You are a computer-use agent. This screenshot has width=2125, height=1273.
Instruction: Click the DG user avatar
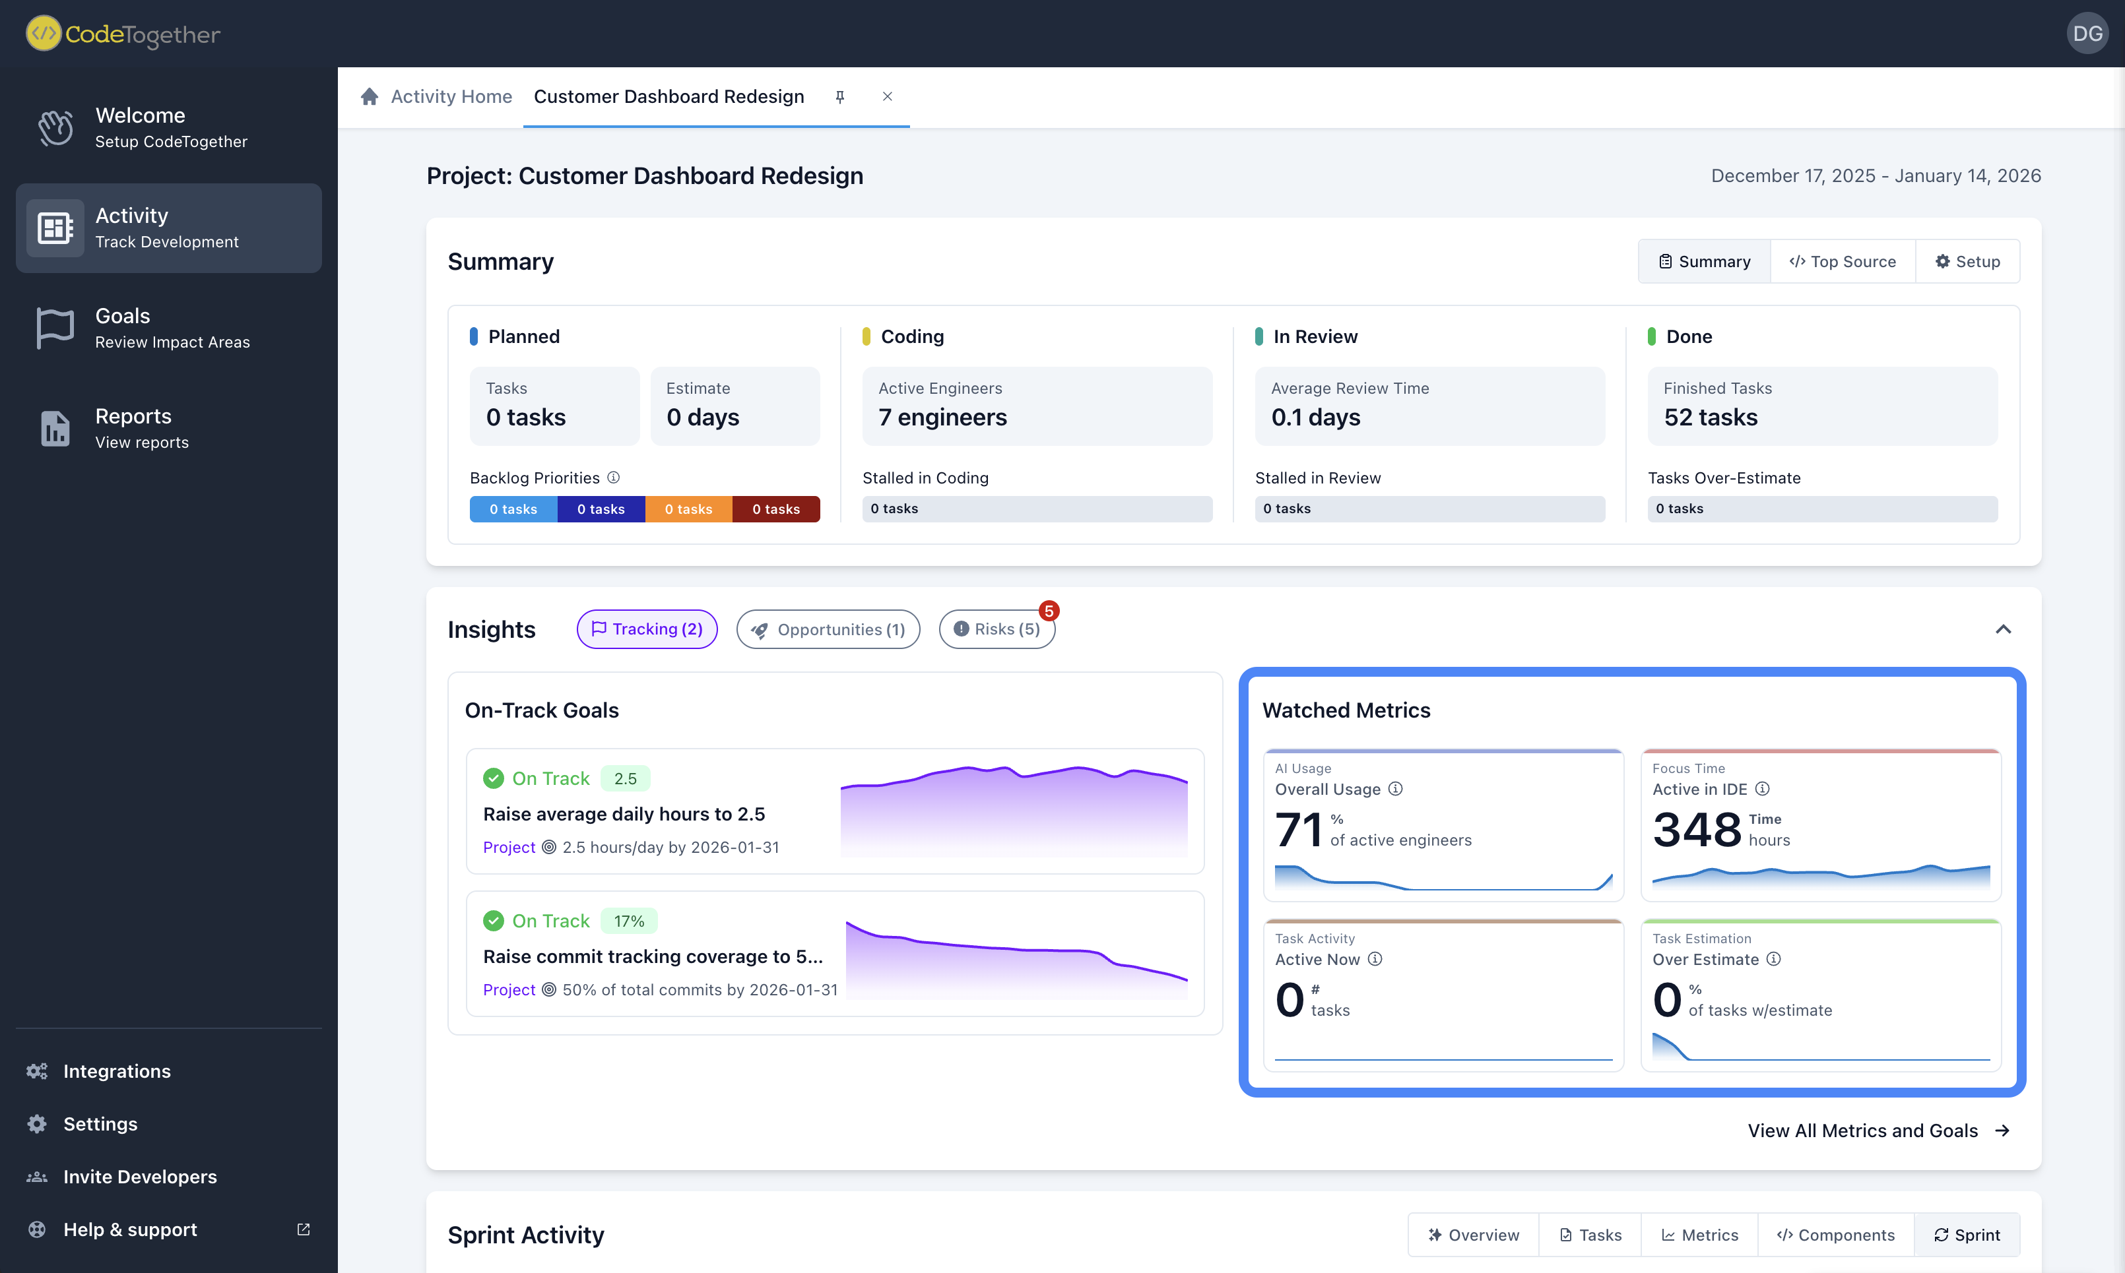coord(2086,34)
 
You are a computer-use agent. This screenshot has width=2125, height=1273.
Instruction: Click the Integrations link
coord(117,1071)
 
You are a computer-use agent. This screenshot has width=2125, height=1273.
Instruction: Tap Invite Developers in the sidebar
coord(140,1176)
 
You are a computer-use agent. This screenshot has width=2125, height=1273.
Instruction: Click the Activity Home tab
coord(451,96)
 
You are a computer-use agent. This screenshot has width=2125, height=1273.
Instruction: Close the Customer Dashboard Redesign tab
coord(888,96)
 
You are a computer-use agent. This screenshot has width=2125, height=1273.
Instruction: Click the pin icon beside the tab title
coord(840,97)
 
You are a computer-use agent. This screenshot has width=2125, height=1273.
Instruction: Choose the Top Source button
coord(1843,262)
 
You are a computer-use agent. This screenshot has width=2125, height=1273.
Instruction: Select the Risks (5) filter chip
coord(997,629)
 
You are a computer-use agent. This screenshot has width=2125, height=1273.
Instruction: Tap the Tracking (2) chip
coord(647,629)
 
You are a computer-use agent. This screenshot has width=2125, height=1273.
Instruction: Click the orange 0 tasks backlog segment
coord(688,509)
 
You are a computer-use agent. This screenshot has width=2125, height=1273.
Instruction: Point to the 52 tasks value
coord(1711,417)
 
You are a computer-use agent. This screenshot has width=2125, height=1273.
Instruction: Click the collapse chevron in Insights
coord(2002,629)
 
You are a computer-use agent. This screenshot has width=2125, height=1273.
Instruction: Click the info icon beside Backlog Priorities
coord(614,477)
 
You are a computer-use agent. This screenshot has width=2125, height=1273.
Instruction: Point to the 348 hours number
coord(1697,830)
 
